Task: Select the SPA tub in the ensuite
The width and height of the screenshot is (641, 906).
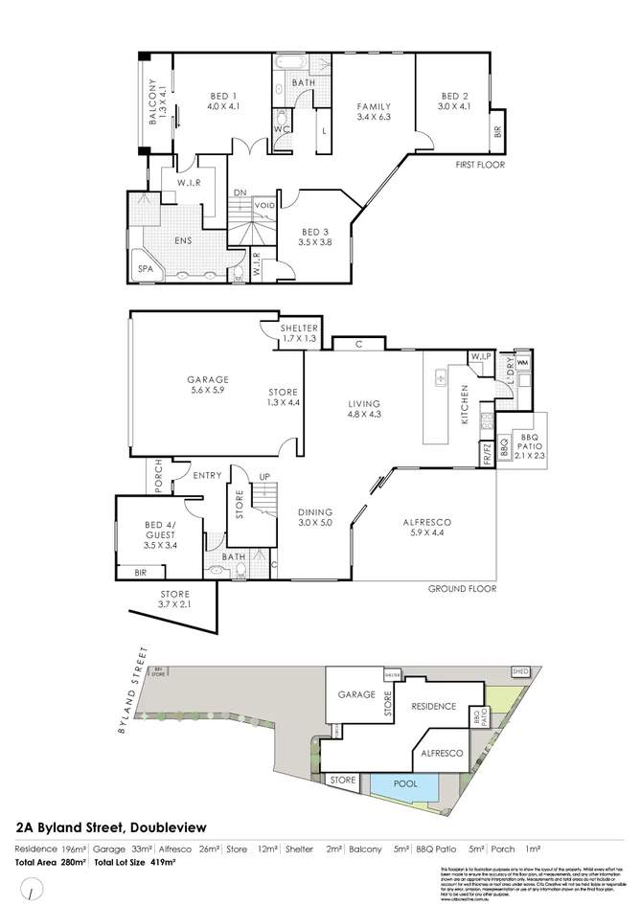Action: (x=147, y=270)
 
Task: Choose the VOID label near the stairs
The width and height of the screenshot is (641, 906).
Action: (x=265, y=205)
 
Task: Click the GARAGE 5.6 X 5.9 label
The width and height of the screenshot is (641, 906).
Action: (x=207, y=385)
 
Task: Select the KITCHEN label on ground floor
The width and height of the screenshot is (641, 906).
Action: (x=465, y=404)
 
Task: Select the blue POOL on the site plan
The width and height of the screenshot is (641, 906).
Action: (x=405, y=785)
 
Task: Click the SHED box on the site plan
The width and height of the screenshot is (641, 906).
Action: (x=520, y=671)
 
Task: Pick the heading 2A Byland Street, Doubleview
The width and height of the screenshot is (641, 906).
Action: (x=111, y=827)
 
